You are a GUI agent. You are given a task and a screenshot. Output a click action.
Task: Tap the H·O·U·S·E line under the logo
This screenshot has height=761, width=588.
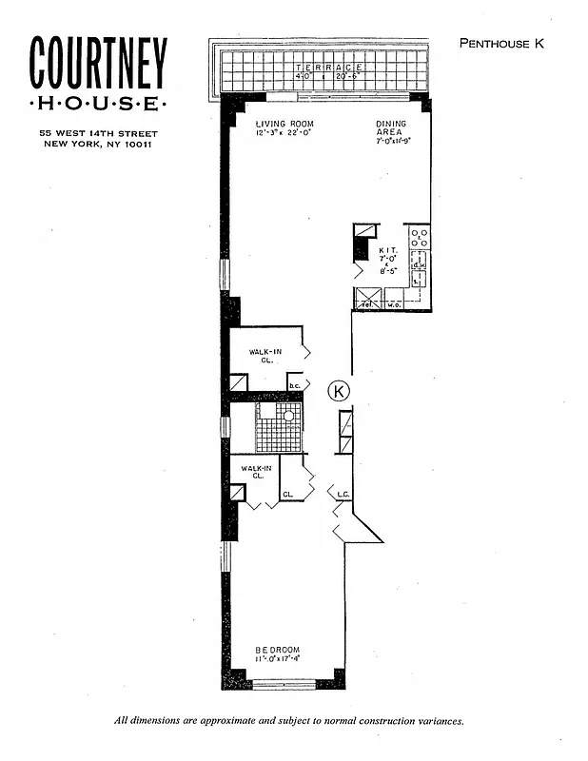point(99,103)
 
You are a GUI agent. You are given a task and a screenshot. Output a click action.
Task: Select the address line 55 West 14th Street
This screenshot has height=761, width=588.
point(99,133)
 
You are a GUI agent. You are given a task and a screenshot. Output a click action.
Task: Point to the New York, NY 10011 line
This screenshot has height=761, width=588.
point(99,145)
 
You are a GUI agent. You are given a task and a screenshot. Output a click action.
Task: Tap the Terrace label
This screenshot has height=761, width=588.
point(328,68)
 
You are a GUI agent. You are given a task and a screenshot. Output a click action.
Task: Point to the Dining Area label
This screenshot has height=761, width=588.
point(390,129)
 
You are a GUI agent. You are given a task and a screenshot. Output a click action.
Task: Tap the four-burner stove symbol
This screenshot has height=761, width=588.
point(419,237)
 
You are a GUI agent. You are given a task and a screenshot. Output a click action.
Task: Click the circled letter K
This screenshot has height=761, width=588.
point(339,389)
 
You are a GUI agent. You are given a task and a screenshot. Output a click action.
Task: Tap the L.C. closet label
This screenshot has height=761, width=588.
point(343,495)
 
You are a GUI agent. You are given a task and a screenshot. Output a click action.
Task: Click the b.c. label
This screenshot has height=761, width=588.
point(295,385)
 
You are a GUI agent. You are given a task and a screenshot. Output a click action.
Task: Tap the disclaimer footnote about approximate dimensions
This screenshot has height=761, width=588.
point(288,721)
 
